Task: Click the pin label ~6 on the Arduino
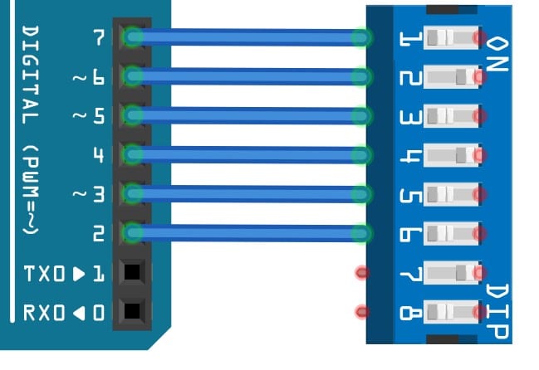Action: (x=90, y=77)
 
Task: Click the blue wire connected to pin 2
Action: (x=245, y=233)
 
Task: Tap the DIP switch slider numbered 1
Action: (x=452, y=38)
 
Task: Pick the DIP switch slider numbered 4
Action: (x=452, y=155)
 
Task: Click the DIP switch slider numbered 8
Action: (x=452, y=312)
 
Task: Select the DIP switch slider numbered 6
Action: (x=452, y=233)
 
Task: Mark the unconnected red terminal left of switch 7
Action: (x=361, y=272)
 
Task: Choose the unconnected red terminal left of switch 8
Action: (x=361, y=312)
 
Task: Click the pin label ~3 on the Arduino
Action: (x=90, y=195)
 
